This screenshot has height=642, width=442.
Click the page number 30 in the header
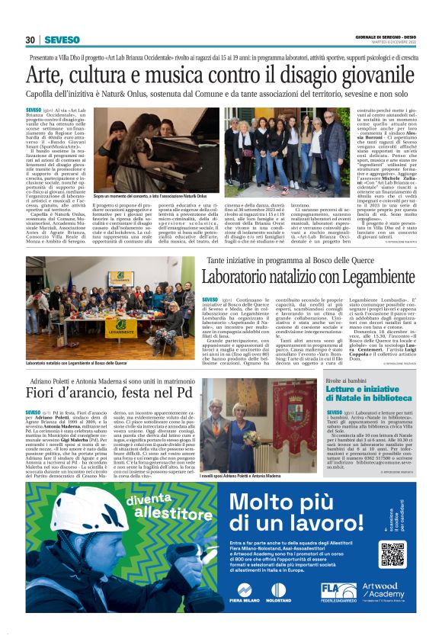(30, 40)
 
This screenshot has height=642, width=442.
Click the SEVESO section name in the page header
(60, 40)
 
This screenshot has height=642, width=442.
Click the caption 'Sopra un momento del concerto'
(149, 196)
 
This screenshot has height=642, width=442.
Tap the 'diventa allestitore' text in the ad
(153, 508)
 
